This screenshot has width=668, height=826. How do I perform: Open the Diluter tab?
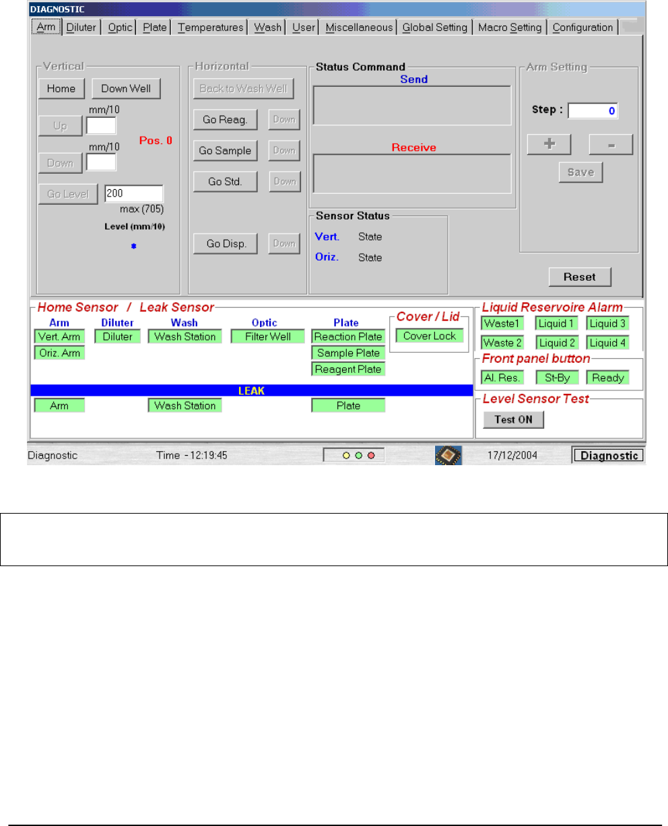pos(81,28)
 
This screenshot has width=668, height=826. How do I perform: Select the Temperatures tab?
pos(211,28)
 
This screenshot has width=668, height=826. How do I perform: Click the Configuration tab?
pos(582,28)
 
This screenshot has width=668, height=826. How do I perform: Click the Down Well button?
pos(126,89)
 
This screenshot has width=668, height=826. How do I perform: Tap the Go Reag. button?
pos(224,120)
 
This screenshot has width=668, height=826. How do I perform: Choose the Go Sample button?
pos(224,151)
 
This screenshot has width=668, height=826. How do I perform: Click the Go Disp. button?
pos(224,244)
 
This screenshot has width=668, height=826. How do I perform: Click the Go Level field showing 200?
pos(133,194)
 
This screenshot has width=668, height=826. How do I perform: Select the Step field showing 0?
pos(593,111)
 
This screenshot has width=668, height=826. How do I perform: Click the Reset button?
pos(580,277)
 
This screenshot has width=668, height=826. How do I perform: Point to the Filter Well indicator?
pos(267,337)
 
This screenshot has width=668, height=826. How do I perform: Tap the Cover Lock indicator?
pos(430,336)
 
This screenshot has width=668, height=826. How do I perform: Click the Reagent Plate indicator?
pos(348,369)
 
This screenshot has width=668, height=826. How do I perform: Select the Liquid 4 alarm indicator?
pos(607,343)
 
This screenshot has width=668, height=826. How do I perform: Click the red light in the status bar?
pos(371,456)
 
